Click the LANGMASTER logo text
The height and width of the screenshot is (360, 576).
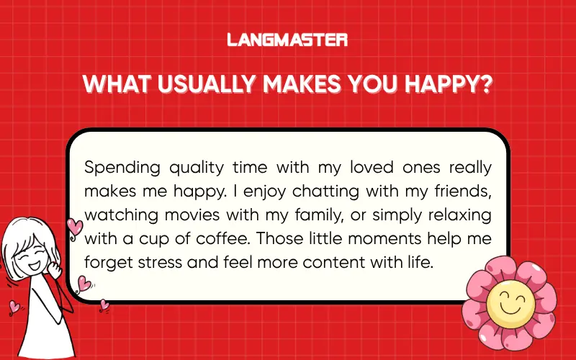click(x=287, y=40)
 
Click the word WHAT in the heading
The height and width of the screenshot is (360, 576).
click(x=114, y=84)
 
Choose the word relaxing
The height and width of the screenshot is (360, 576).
click(x=456, y=215)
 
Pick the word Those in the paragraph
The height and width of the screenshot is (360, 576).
click(x=279, y=238)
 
